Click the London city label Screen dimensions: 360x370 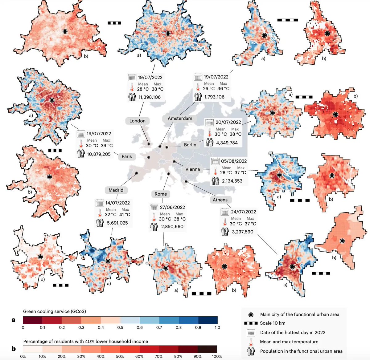coord(137,121)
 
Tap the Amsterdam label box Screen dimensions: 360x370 coord(180,118)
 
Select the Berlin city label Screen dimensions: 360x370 coord(190,144)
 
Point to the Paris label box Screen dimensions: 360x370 coord(126,156)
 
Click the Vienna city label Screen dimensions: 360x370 coord(192,169)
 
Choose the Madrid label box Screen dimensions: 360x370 coord(116,190)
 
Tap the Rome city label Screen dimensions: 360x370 coord(161,194)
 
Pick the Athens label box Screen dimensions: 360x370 coord(220,200)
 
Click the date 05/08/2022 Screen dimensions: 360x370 coord(234,161)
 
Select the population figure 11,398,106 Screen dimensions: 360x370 coord(150,97)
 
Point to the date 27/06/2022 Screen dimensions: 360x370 coord(172,208)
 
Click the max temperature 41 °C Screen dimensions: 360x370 coord(125,215)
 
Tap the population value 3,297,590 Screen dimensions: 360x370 coord(243,232)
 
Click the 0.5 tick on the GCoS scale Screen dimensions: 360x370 coord(120,328)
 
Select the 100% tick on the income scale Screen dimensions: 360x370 coord(217,356)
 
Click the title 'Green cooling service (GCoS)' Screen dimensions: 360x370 coord(55,311)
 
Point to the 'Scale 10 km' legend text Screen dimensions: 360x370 coord(273,323)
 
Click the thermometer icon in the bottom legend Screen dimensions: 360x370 coord(251,342)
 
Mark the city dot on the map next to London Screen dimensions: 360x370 coord(149,144)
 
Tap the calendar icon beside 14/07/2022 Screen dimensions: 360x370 coord(100,203)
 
